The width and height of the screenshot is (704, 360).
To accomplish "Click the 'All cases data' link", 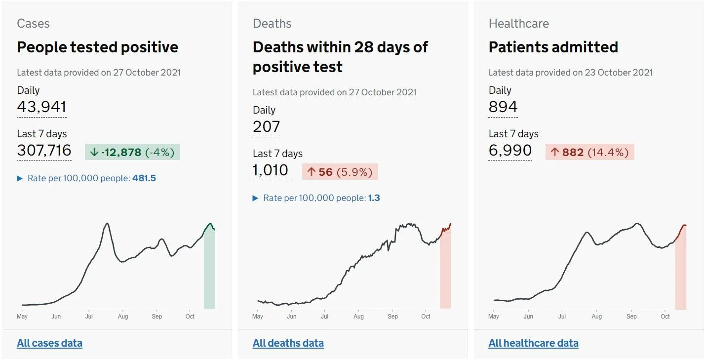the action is tap(50, 343).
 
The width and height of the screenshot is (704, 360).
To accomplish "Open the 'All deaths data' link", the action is tap(288, 343).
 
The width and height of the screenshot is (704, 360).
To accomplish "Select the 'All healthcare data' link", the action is tap(533, 343).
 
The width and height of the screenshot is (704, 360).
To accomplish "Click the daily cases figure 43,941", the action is tap(41, 107).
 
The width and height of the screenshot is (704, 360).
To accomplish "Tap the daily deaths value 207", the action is tap(266, 127).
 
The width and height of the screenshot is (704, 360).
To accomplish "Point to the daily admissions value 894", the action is tap(503, 107).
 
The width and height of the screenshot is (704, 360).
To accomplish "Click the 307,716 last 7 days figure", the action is tap(44, 150).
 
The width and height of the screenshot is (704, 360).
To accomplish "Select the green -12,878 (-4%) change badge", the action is tap(132, 152).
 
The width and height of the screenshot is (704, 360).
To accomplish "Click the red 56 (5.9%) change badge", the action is tap(340, 172).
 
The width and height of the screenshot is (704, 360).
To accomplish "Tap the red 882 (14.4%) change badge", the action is tap(589, 152).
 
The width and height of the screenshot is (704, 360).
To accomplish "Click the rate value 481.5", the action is tap(144, 178).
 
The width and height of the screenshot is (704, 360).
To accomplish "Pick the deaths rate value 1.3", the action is tap(374, 198).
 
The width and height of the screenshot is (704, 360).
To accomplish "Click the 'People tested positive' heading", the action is tap(98, 47).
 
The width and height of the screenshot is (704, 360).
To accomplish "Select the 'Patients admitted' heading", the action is tap(553, 47).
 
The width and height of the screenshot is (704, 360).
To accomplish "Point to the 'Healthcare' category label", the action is tap(518, 24).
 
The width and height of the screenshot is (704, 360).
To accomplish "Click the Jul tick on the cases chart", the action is tap(89, 317).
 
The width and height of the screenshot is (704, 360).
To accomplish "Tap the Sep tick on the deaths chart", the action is tap(392, 317).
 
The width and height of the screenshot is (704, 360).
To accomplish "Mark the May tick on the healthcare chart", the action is tap(493, 317).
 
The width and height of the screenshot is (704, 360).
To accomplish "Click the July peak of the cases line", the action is tap(108, 223).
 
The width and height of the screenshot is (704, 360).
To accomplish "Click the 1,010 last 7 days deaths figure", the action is tap(270, 170).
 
